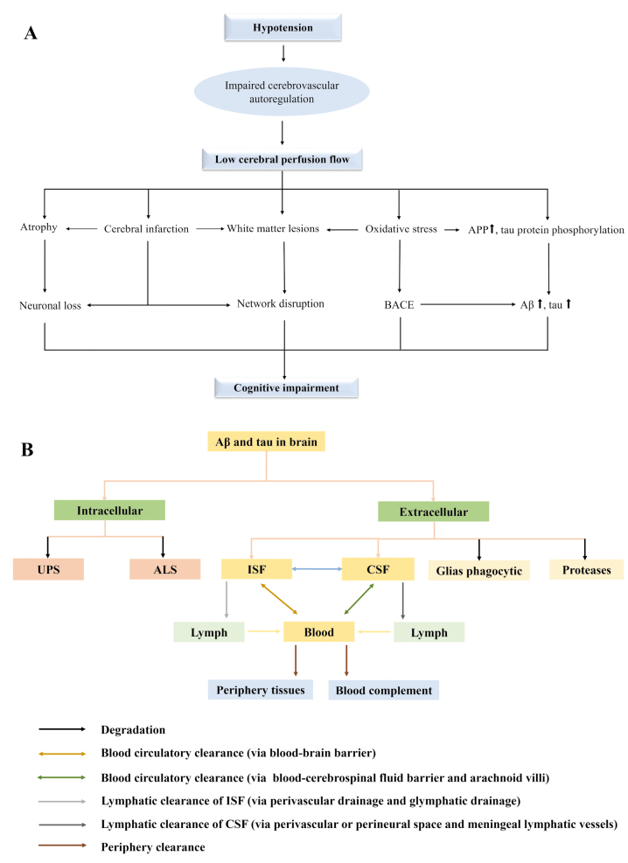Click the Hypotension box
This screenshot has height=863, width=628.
click(x=283, y=27)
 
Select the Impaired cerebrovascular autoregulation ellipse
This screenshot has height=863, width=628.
click(x=282, y=92)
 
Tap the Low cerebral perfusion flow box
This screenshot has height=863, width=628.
click(x=282, y=159)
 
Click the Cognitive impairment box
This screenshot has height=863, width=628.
click(x=286, y=387)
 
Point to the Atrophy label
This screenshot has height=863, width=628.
click(x=38, y=227)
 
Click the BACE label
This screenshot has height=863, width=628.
click(x=399, y=305)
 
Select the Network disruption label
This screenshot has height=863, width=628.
click(x=281, y=303)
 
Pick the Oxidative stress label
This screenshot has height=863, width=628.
click(x=401, y=229)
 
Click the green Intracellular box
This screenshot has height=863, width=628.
click(x=109, y=511)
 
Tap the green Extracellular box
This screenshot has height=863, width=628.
click(x=433, y=512)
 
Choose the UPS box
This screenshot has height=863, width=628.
click(x=48, y=569)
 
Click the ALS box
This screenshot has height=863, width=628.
click(x=165, y=569)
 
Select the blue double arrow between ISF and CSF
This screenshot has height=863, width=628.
click(x=317, y=568)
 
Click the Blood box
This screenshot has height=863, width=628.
click(x=318, y=632)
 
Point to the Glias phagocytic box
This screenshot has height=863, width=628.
click(x=478, y=571)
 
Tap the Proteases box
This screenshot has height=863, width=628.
click(x=586, y=569)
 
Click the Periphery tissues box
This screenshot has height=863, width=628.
click(x=261, y=690)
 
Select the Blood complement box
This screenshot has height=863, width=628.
click(x=384, y=690)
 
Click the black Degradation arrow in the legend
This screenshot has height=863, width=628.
click(x=62, y=729)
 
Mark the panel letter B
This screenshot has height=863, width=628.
click(x=27, y=449)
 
